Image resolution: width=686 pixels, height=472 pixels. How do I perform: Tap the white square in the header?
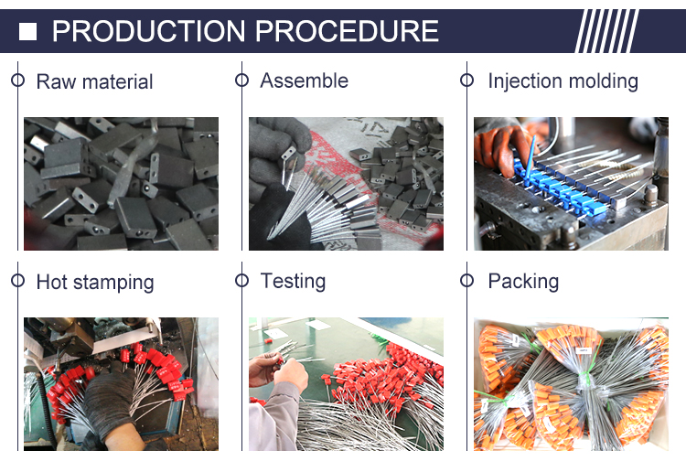[28, 33]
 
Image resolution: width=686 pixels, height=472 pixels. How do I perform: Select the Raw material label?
[94, 81]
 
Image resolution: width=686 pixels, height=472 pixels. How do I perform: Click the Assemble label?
[304, 80]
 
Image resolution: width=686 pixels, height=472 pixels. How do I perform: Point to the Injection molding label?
[563, 80]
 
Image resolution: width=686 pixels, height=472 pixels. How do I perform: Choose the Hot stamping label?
[95, 282]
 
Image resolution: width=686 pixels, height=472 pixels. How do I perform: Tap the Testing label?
[293, 281]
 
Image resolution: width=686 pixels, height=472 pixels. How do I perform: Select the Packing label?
[523, 281]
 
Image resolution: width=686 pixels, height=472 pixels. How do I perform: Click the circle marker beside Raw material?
[17, 80]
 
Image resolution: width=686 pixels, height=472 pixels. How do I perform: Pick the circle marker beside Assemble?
[241, 80]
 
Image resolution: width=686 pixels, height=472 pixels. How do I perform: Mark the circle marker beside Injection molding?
[466, 80]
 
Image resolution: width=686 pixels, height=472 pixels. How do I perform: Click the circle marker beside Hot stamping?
[17, 281]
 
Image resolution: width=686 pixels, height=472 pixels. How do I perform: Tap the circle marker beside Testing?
[241, 281]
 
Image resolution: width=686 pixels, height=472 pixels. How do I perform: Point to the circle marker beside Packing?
[466, 281]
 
